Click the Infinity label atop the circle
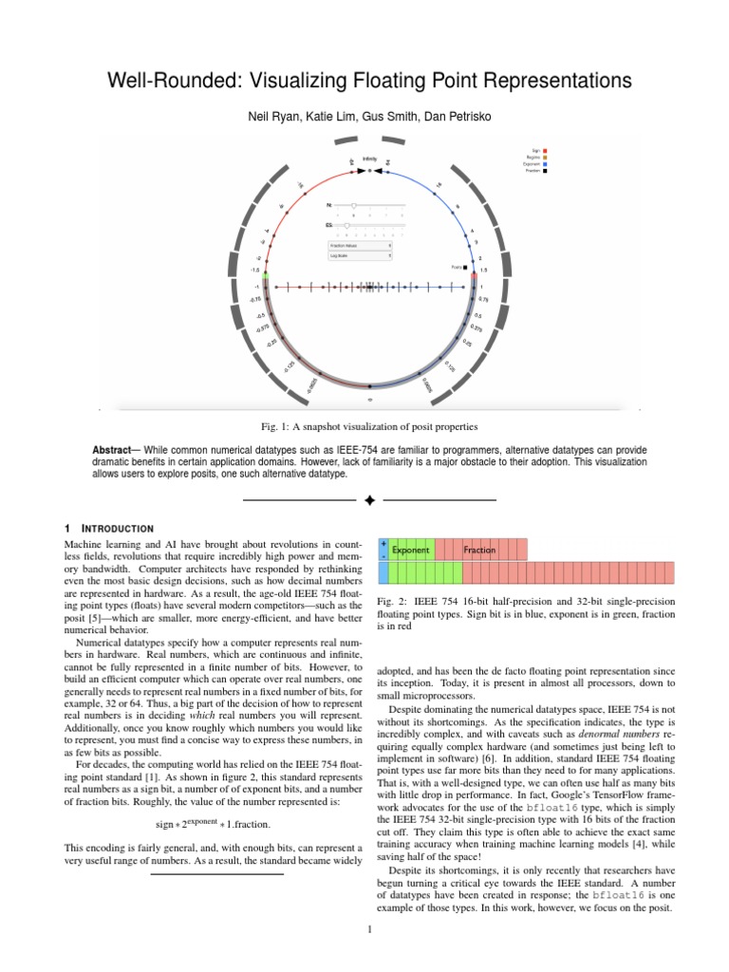tap(369, 159)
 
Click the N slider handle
tap(354, 204)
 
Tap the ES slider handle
tap(346, 225)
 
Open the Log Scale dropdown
tap(361, 255)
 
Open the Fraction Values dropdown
tap(361, 245)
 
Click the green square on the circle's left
tap(267, 274)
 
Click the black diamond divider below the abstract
tap(370, 498)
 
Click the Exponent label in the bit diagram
tap(411, 550)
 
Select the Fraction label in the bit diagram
tap(479, 550)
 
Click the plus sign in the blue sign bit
tap(383, 545)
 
